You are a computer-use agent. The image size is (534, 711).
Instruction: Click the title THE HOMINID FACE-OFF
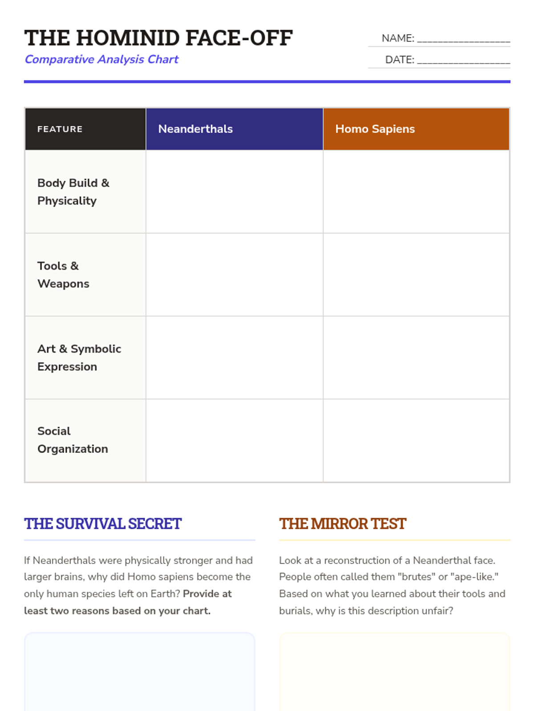158,38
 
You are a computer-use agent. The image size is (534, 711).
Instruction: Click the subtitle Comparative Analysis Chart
101,59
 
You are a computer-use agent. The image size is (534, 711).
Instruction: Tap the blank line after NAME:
463,39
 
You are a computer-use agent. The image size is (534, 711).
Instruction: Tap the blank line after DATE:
463,60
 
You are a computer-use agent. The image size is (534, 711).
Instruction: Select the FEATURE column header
60,129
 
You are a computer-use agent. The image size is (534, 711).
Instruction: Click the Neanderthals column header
195,129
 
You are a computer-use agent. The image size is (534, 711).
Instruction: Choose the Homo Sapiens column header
375,129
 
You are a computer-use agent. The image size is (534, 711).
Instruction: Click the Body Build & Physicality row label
73,192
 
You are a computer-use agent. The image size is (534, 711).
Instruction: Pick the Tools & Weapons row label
63,275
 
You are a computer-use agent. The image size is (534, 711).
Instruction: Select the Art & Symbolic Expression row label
79,358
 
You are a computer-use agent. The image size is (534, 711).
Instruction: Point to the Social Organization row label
73,440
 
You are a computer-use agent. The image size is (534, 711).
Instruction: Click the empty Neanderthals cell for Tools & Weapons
235,275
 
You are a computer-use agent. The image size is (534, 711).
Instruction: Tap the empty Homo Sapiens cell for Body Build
416,192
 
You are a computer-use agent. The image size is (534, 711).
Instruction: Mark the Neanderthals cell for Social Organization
235,440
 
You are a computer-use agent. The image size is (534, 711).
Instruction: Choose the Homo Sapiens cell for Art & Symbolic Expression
416,358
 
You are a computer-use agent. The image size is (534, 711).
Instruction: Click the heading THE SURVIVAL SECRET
103,524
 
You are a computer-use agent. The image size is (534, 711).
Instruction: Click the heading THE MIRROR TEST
343,524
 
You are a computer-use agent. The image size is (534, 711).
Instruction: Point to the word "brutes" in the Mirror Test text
416,577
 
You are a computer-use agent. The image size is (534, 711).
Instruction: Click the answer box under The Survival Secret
139,671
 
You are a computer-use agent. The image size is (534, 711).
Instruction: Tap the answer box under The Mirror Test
394,671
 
